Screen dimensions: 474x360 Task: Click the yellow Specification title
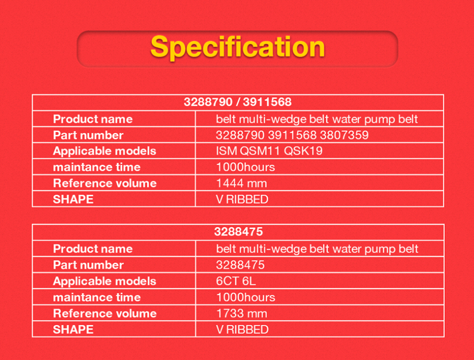237,47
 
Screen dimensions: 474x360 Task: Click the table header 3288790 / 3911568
238,102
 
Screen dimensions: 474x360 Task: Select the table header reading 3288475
239,232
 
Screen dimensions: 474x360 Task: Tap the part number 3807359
344,135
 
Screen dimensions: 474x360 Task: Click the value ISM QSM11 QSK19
269,151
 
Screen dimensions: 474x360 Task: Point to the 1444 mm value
242,183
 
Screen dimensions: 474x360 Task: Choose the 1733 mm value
242,313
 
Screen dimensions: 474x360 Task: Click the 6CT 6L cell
236,281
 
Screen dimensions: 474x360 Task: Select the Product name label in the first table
93,119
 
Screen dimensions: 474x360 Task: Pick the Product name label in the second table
93,249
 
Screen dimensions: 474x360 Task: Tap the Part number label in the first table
88,135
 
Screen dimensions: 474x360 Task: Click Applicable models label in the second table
105,282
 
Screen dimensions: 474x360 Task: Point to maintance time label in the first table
97,167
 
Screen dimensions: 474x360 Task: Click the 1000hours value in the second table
245,298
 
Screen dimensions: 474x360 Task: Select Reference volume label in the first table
105,183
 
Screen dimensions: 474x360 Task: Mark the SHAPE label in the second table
73,329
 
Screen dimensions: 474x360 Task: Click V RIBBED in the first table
242,200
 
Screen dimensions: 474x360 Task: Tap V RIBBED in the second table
242,329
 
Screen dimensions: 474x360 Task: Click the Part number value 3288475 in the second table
240,265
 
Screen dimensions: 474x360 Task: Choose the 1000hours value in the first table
245,167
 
